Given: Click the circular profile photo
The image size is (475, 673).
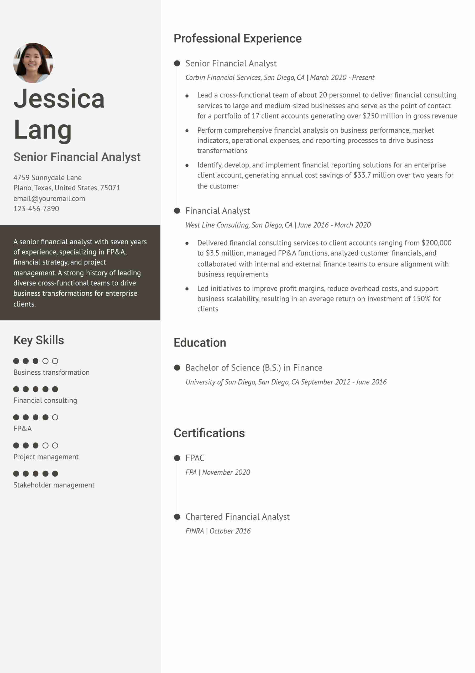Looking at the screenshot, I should pyautogui.click(x=33, y=63).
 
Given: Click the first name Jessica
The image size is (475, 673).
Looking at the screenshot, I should pyautogui.click(x=59, y=99).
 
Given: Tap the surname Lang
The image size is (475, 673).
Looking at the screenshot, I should pyautogui.click(x=43, y=130).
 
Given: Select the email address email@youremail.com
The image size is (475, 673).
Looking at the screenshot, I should pyautogui.click(x=49, y=198).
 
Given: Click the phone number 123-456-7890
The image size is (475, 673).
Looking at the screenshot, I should pyautogui.click(x=36, y=209).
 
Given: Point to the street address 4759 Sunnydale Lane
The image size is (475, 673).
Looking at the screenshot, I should pyautogui.click(x=48, y=178).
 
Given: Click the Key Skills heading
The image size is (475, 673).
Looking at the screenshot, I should pyautogui.click(x=38, y=340).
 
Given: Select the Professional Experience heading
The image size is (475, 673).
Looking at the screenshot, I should pyautogui.click(x=237, y=38).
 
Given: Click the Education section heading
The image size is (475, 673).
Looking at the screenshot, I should pyautogui.click(x=200, y=343).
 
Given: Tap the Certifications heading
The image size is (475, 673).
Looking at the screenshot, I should pyautogui.click(x=209, y=433).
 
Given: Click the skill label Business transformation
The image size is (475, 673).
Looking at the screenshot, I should pyautogui.click(x=51, y=372).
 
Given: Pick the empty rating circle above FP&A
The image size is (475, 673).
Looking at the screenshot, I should pyautogui.click(x=55, y=417).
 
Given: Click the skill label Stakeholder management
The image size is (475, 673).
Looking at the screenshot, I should pyautogui.click(x=54, y=485).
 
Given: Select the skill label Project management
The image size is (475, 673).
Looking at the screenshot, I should pyautogui.click(x=46, y=457).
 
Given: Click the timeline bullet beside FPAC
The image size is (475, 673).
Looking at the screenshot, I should pyautogui.click(x=177, y=458).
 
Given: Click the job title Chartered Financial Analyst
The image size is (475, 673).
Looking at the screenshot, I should pyautogui.click(x=237, y=517).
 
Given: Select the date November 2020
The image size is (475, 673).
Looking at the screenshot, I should pyautogui.click(x=226, y=472).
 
